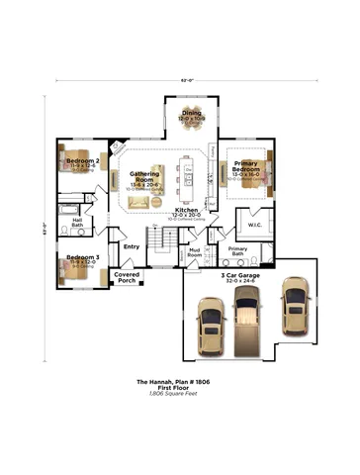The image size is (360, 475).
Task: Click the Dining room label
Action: pyautogui.click(x=191, y=114)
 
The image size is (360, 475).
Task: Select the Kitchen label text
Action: pyautogui.click(x=186, y=210)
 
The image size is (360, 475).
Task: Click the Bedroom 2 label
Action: pyautogui.click(x=82, y=159)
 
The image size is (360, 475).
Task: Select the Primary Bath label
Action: pyautogui.click(x=237, y=250)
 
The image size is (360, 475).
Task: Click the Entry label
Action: pyautogui.click(x=131, y=246)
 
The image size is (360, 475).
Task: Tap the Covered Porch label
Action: pyautogui.click(x=127, y=277)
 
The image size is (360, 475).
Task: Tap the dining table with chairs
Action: pyautogui.click(x=191, y=130)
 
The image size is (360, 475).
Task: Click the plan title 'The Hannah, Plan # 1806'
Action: pyautogui.click(x=179, y=381)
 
